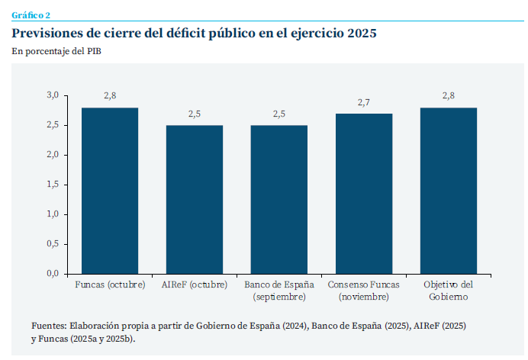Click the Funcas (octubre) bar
(110, 191)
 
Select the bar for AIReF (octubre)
(195, 199)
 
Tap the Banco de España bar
(279, 199)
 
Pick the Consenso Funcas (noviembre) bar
(364, 194)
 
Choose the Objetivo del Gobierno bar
(449, 191)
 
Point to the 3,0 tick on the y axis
(53, 95)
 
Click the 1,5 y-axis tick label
(53, 185)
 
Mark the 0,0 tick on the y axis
(53, 273)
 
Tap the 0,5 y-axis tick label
(53, 243)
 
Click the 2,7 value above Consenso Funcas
(364, 102)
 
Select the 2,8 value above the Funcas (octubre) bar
(110, 95)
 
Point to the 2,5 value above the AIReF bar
(195, 114)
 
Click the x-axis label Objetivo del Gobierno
(449, 291)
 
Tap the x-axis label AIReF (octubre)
(195, 285)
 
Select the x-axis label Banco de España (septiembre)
(279, 291)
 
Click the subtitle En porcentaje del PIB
(56, 51)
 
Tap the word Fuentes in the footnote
(48, 326)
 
